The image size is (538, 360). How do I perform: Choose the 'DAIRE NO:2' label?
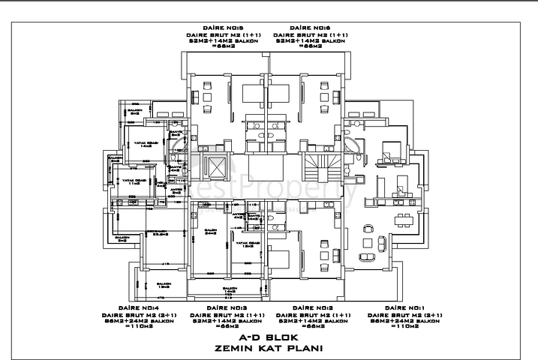click(312, 307)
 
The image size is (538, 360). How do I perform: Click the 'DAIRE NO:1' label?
click(405, 307)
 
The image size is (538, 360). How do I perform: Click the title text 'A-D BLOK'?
click(269, 337)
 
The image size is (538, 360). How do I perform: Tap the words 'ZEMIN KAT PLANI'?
click(269, 348)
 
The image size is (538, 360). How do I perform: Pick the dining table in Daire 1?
click(404, 219)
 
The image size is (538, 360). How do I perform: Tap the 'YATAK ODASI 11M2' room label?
click(135, 182)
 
